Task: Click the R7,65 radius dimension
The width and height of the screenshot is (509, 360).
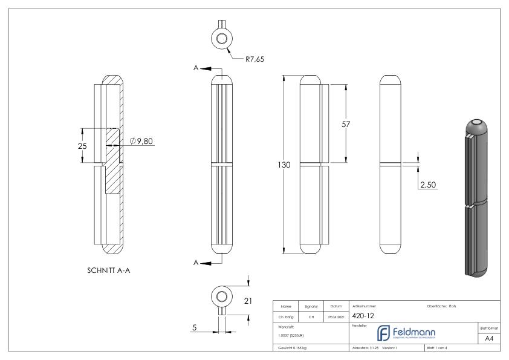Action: click(255, 59)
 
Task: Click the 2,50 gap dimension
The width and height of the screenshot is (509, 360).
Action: click(427, 183)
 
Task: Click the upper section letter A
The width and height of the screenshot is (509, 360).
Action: click(195, 69)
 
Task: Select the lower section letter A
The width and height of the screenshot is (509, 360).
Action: click(195, 263)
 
